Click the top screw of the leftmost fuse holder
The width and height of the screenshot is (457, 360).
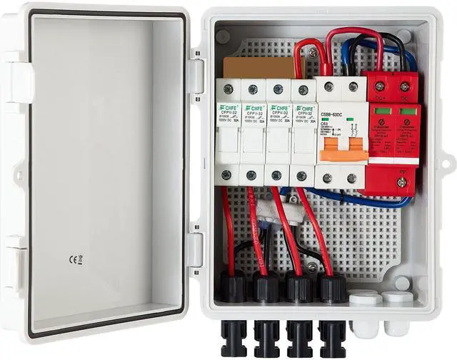click(x=228, y=89)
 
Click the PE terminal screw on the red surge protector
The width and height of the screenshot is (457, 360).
click(x=401, y=181)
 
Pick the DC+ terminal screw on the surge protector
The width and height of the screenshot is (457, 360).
click(x=378, y=86)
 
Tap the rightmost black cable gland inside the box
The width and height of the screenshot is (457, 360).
click(x=331, y=287)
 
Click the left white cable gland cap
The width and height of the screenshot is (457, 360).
click(x=366, y=299)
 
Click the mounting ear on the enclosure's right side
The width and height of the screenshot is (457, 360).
click(x=446, y=164)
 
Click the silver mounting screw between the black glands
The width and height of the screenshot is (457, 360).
click(x=312, y=267)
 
